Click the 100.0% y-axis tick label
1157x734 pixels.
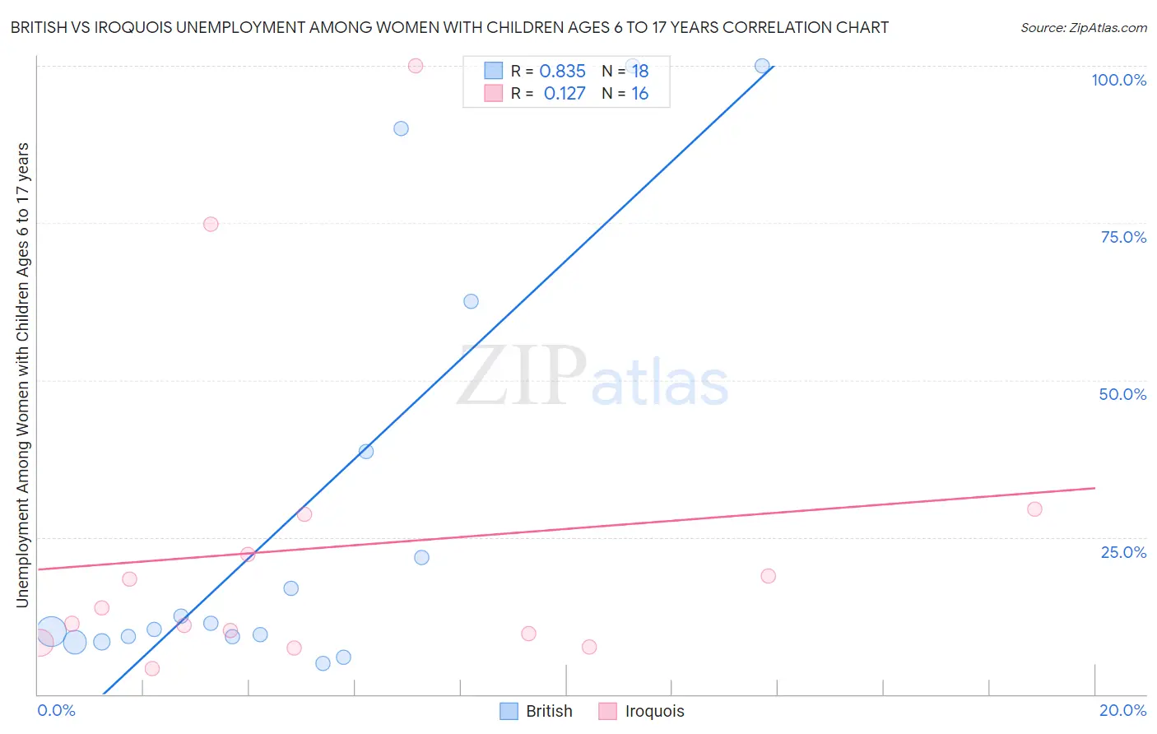[1118, 80]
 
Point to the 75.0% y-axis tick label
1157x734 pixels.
[1123, 237]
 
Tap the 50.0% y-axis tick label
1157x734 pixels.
[1122, 394]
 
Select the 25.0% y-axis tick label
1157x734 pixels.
[1123, 552]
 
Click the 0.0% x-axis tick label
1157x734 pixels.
[57, 710]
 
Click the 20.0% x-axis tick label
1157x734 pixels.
[1122, 710]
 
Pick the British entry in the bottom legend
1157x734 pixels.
[537, 711]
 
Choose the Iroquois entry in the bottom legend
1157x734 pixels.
[642, 711]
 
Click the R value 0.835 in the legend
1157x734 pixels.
[562, 72]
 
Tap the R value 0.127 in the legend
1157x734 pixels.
[565, 94]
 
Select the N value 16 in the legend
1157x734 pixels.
[639, 94]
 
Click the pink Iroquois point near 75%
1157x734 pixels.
[211, 225]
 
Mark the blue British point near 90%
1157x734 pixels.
[401, 128]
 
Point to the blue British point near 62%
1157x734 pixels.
[471, 301]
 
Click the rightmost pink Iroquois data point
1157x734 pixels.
[1034, 509]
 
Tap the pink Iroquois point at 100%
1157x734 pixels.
[416, 66]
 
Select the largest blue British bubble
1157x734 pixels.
[50, 632]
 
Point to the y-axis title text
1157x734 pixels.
[22, 374]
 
